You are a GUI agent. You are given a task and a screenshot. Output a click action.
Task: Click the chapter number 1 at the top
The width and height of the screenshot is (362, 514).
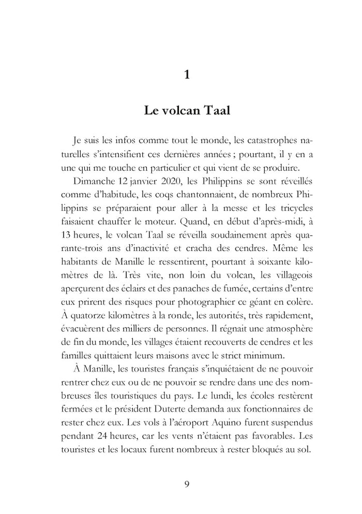[x=187, y=75]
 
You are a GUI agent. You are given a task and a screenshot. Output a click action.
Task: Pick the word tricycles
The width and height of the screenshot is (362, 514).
[x=291, y=209]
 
